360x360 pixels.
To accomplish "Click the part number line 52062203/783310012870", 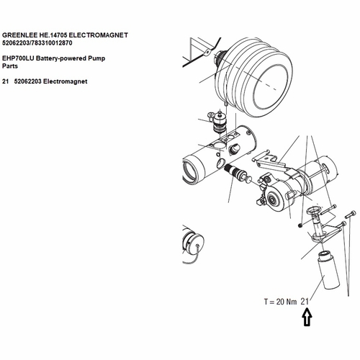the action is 37,43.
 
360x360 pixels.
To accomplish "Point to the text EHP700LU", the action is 18,58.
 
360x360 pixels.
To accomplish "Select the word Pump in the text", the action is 96,58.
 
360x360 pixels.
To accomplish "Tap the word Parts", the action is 10,66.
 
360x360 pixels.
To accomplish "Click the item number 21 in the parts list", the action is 5,81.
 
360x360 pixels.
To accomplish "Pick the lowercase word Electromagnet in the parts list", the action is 66,81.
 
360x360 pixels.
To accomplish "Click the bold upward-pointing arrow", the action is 307,318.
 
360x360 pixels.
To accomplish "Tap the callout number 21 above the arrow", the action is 305,302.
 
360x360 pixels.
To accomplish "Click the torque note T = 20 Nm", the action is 280,302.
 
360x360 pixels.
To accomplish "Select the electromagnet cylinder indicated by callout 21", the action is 328,270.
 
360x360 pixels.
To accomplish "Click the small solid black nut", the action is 300,225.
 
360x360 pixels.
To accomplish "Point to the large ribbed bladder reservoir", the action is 253,78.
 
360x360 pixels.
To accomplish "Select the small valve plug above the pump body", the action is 220,121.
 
